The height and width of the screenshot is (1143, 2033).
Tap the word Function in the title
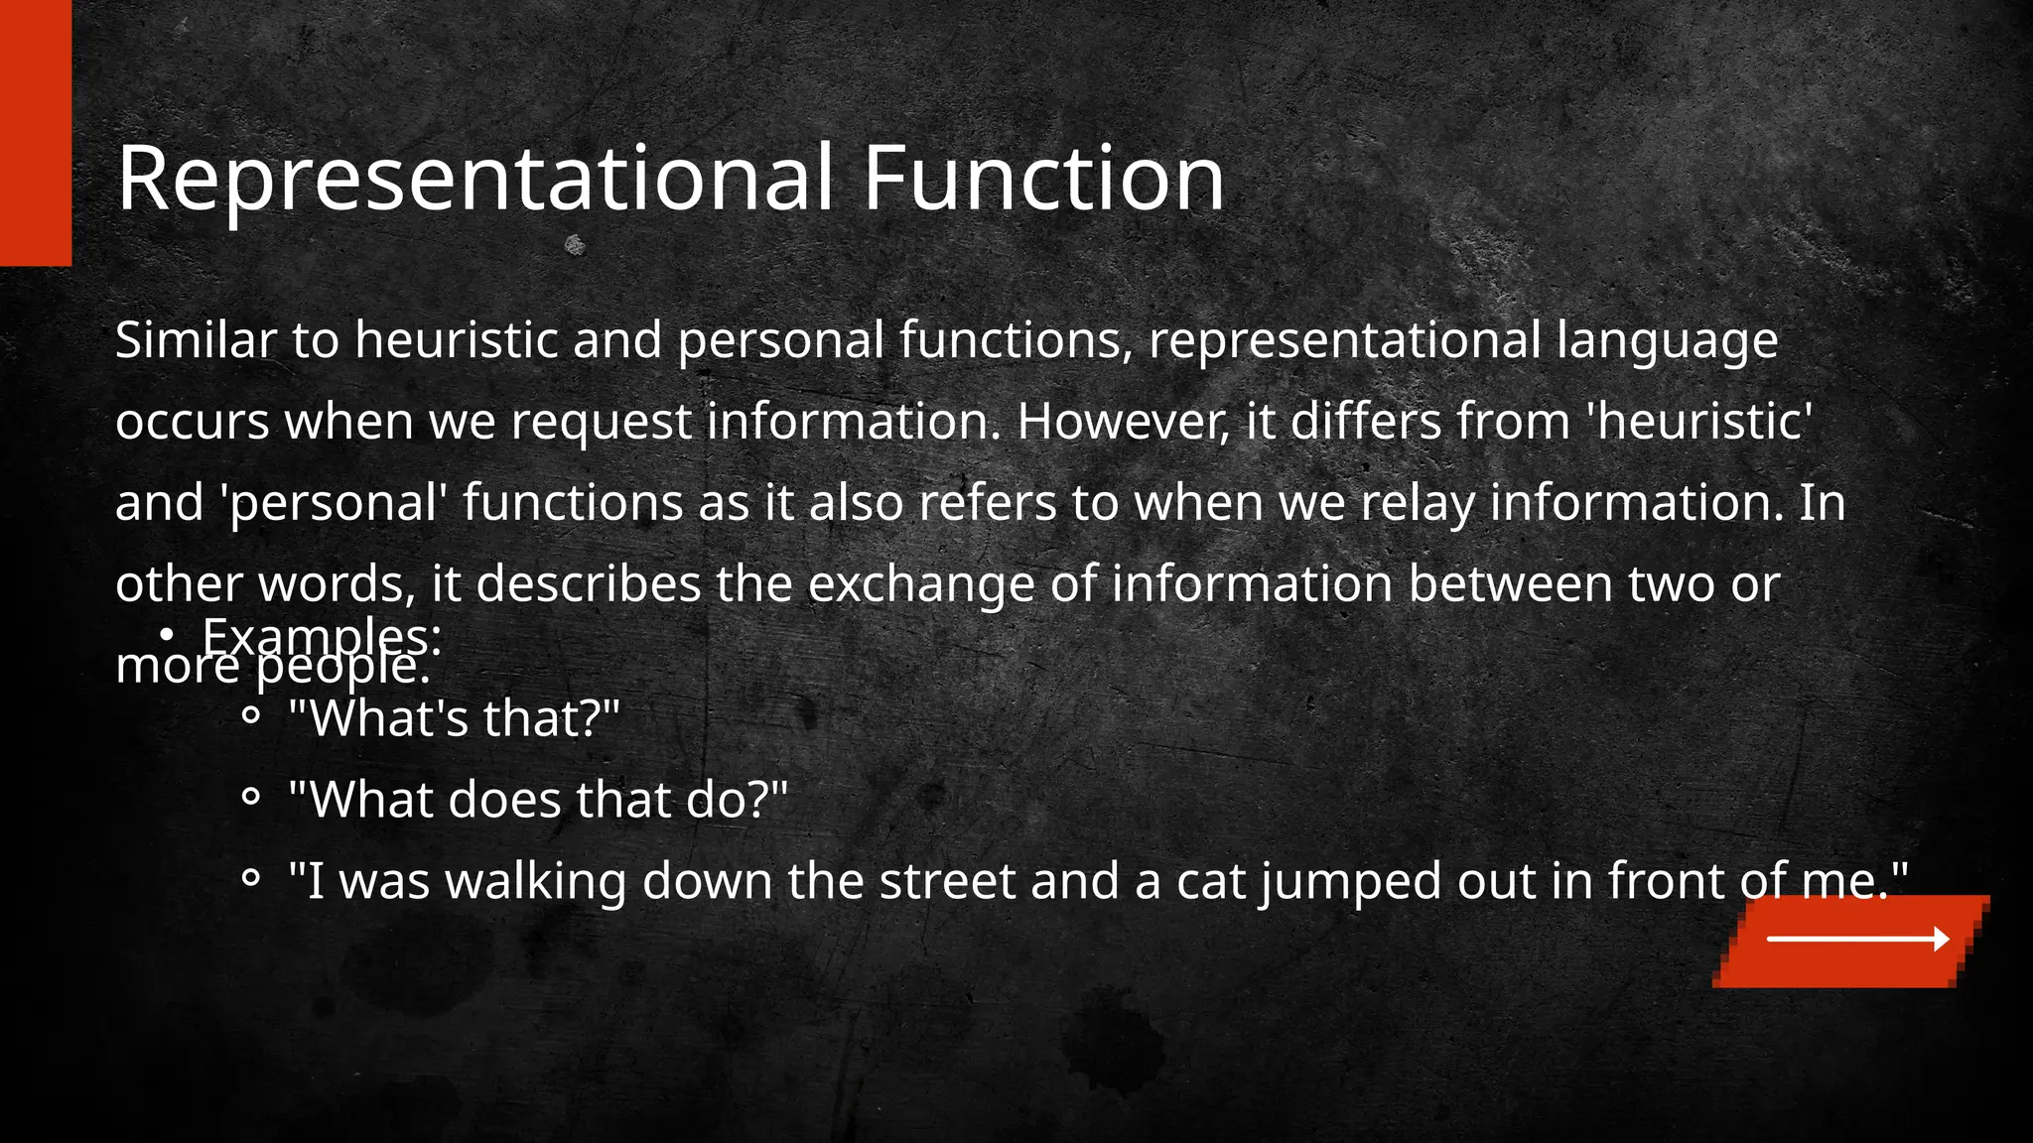pyautogui.click(x=1043, y=179)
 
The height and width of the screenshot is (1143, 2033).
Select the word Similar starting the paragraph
pyautogui.click(x=195, y=340)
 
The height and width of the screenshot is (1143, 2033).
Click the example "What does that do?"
pyautogui.click(x=537, y=799)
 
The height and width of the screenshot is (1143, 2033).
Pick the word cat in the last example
pyautogui.click(x=1210, y=881)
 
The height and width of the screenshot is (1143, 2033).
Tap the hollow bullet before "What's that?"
pyautogui.click(x=251, y=714)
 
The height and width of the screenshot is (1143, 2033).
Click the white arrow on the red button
pyautogui.click(x=1857, y=939)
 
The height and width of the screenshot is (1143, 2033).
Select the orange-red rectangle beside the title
pyautogui.click(x=36, y=132)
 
